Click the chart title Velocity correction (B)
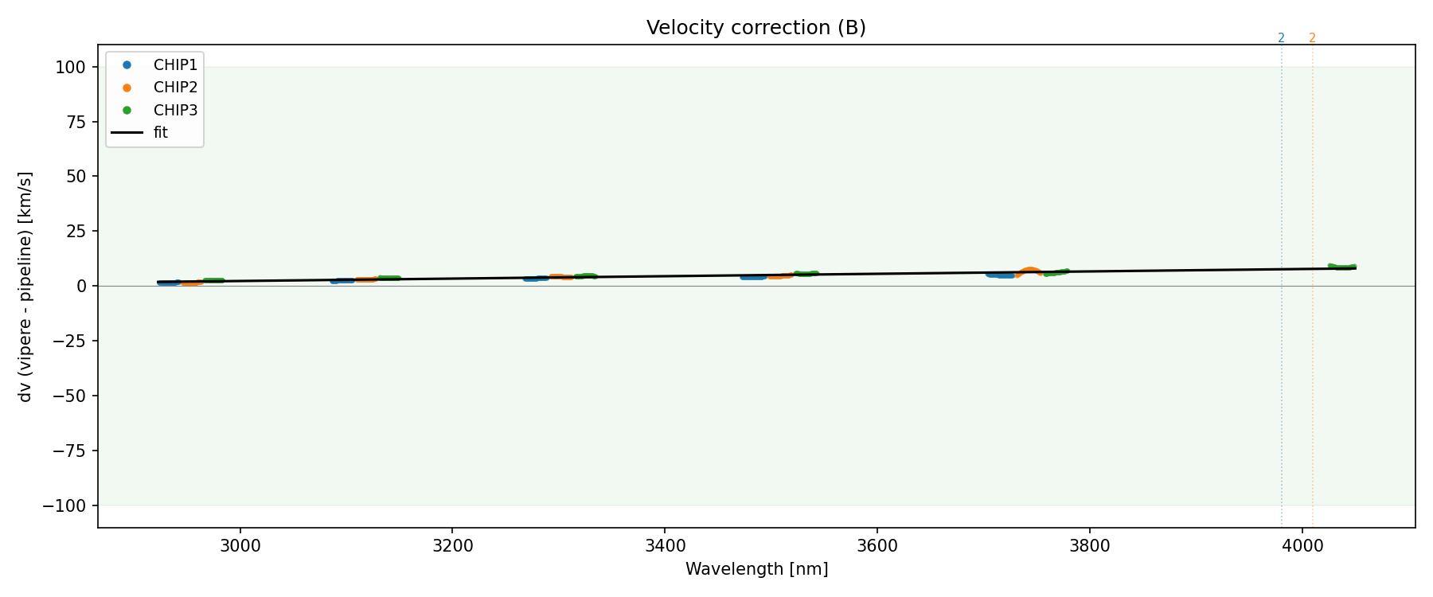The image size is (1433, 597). coord(756,28)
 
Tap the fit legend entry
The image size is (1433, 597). coord(160,133)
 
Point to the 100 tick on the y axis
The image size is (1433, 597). coord(70,67)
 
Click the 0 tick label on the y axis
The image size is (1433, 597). coord(81,286)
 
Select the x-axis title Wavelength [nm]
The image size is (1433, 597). coord(756,569)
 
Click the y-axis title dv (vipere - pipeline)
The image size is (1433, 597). coord(25,287)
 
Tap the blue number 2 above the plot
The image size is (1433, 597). coord(1281,38)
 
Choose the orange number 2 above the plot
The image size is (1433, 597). coord(1312,38)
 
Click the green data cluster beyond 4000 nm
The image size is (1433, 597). coord(1341,267)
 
